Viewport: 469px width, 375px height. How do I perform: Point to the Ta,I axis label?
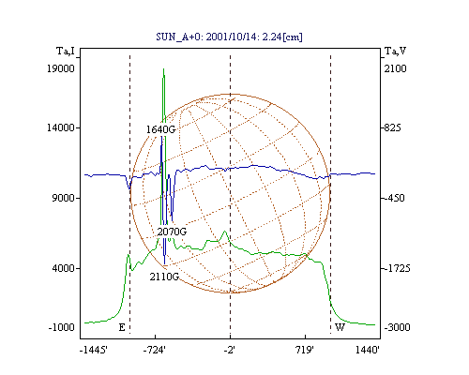click(66, 51)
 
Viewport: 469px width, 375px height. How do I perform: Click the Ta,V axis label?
click(395, 51)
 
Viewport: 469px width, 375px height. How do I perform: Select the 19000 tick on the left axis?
click(61, 68)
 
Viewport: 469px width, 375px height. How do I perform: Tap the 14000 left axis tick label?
click(61, 127)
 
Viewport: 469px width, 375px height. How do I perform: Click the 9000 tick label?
click(64, 198)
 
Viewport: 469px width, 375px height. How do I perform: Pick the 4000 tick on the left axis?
click(64, 268)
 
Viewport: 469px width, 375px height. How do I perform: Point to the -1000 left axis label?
click(62, 327)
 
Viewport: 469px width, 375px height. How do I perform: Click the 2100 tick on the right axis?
click(395, 68)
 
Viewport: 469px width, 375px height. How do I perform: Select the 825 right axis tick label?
click(392, 127)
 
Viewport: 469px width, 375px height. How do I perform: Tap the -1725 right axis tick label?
click(397, 268)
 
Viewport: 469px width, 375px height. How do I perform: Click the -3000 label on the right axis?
click(397, 327)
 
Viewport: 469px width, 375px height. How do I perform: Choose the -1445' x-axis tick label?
click(94, 350)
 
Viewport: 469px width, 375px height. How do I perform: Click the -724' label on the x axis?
click(155, 350)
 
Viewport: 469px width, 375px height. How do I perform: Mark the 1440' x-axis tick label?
click(368, 350)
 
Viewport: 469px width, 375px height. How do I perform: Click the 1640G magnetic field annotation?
click(160, 129)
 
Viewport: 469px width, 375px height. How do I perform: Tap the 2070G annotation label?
click(172, 232)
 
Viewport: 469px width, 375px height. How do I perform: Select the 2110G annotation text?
click(164, 277)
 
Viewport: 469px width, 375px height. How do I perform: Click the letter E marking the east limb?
click(122, 327)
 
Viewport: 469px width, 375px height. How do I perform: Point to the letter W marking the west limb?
click(340, 327)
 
